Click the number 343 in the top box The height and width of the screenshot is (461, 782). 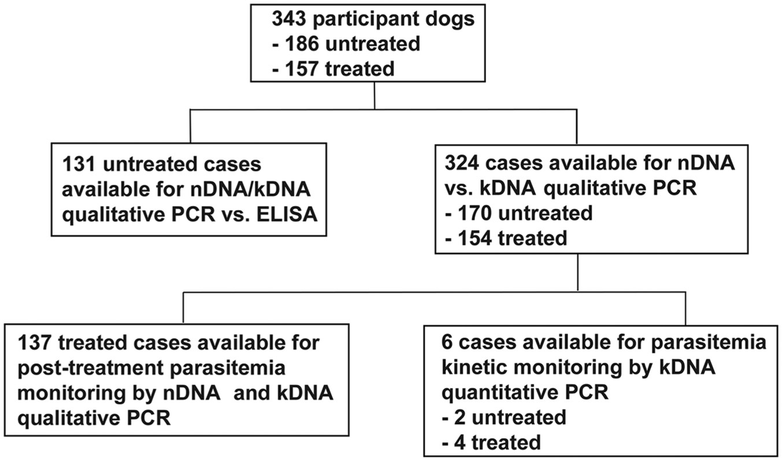pos(289,19)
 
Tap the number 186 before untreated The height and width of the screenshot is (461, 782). pos(302,44)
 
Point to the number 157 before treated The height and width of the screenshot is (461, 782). pos(302,68)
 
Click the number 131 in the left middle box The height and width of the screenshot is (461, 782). pos(79,164)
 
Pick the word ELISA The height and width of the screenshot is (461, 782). pos(287,214)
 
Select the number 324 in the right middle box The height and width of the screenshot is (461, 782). pos(462,163)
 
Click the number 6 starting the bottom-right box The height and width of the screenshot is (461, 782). pos(447,342)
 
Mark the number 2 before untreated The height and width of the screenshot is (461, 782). pos(459,417)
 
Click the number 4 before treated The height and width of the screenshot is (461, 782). pos(459,442)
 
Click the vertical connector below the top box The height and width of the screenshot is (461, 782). pos(375,95)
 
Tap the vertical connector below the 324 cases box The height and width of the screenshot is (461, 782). pos(578,272)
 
